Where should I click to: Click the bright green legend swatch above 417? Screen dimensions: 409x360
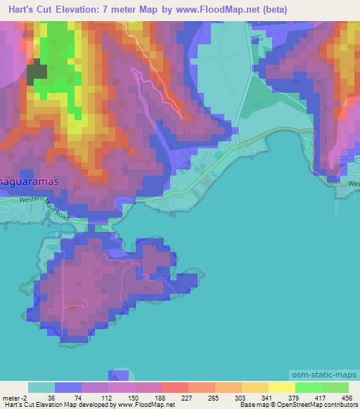coord(308,387)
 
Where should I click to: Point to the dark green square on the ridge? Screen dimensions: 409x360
coord(37,73)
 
